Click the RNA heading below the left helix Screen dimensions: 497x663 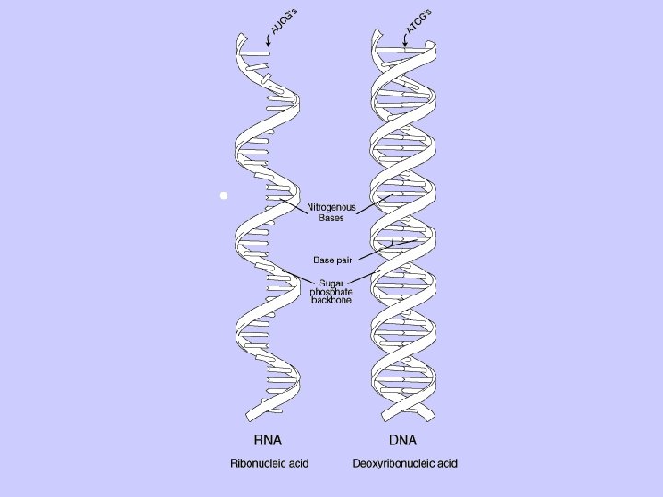pyautogui.click(x=267, y=439)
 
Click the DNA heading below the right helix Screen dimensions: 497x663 pyautogui.click(x=403, y=439)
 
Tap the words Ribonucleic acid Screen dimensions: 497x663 pyautogui.click(x=269, y=463)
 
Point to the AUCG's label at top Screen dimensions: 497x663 pyautogui.click(x=283, y=17)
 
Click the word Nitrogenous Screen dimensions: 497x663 pyautogui.click(x=331, y=207)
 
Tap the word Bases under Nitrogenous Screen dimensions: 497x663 pyautogui.click(x=331, y=218)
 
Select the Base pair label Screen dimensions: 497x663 pyautogui.click(x=332, y=260)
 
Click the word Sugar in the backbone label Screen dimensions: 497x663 pyautogui.click(x=331, y=283)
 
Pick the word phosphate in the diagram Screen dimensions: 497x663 pyautogui.click(x=331, y=292)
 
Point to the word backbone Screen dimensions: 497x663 pyautogui.click(x=331, y=301)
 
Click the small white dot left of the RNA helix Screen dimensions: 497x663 pyautogui.click(x=223, y=196)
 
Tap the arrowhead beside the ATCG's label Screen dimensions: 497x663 pyautogui.click(x=406, y=40)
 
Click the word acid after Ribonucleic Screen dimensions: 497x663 pyautogui.click(x=297, y=463)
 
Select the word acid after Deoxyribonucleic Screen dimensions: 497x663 pyautogui.click(x=446, y=463)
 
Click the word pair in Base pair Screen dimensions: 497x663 pyautogui.click(x=343, y=260)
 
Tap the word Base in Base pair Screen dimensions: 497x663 pyautogui.click(x=323, y=260)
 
